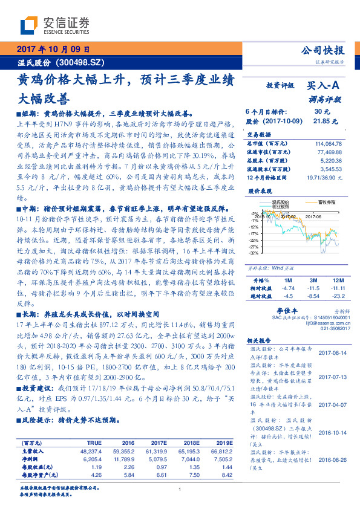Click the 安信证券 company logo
click(x=54, y=25)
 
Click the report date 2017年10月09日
click(x=53, y=50)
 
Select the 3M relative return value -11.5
click(x=313, y=288)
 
